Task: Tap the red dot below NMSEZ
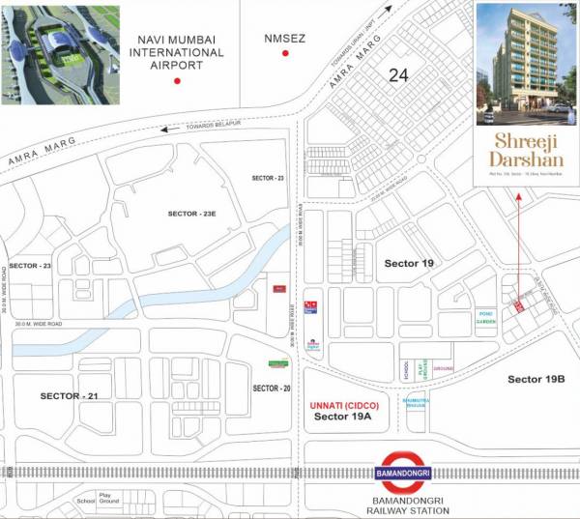(x=286, y=53)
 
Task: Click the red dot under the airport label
(x=176, y=82)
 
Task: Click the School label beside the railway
(x=86, y=502)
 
